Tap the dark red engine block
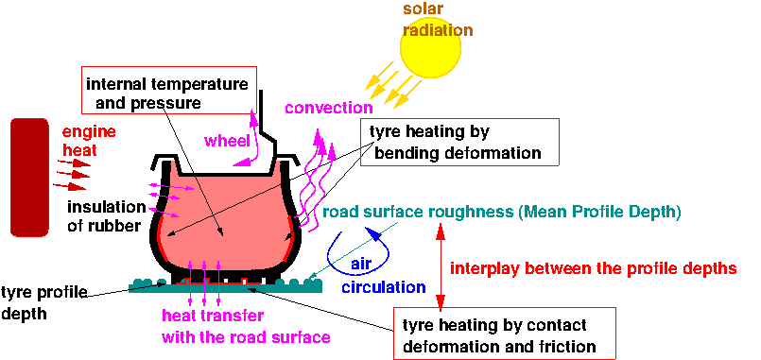29,177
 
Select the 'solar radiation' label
438,19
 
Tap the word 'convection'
329,107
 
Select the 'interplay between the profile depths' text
594,267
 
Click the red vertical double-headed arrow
439,267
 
